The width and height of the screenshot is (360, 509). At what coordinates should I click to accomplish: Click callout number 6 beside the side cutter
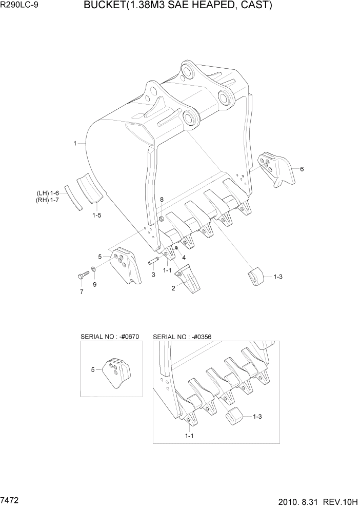coord(302,169)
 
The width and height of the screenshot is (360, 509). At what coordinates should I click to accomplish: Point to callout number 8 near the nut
coord(162,199)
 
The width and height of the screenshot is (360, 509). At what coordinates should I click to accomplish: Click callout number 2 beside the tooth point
coord(173,288)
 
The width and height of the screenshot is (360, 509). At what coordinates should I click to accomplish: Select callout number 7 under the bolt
coord(81,292)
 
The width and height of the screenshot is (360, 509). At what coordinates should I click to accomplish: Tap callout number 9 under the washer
coord(94,284)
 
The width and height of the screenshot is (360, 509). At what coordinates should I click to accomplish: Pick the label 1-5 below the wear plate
coord(96,216)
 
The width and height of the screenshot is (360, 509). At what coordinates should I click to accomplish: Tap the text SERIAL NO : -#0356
coord(182,337)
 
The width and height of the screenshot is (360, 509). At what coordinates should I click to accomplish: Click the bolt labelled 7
coord(83,277)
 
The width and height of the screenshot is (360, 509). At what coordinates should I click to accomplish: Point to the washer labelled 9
coord(93,269)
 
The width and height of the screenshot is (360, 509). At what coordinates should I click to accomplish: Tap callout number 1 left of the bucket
coord(75,144)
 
